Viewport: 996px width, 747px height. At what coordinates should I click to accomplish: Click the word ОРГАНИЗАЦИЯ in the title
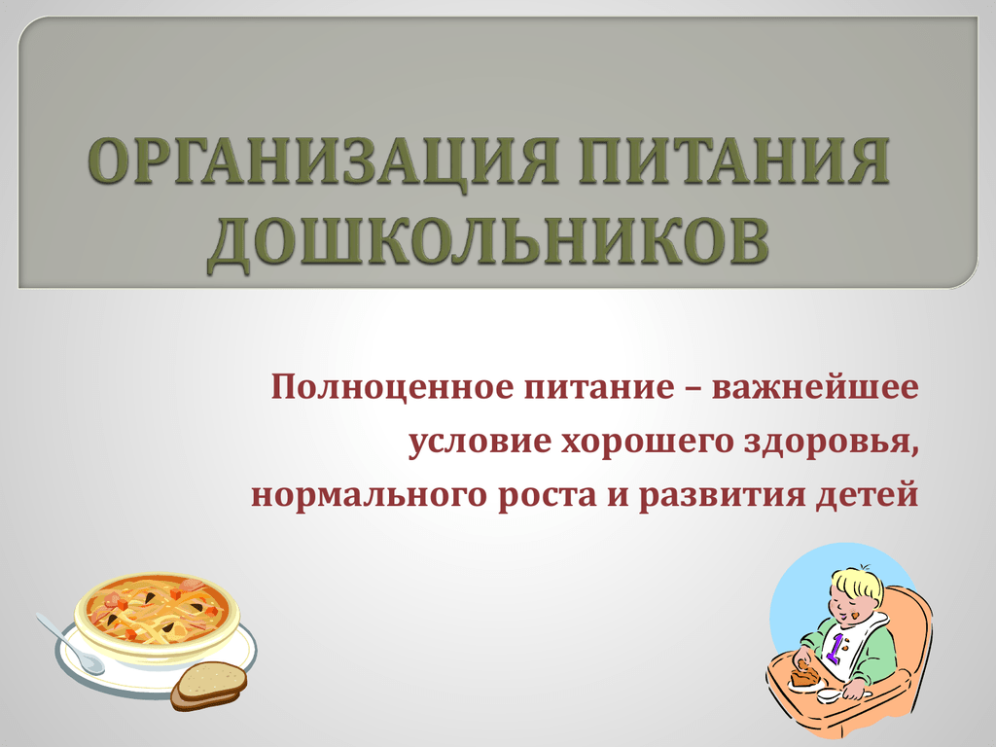tap(322, 161)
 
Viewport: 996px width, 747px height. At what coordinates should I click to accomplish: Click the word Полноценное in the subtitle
tap(393, 387)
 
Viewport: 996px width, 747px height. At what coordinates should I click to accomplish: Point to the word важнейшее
tap(815, 388)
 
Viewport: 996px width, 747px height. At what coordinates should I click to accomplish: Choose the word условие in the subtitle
tap(479, 443)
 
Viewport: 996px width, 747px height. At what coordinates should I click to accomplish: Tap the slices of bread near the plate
tap(209, 686)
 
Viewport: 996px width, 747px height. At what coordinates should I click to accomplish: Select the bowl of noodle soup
tap(157, 612)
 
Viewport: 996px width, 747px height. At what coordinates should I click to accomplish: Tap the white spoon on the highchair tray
tap(834, 696)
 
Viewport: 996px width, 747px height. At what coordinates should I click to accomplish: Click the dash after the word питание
tap(693, 389)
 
